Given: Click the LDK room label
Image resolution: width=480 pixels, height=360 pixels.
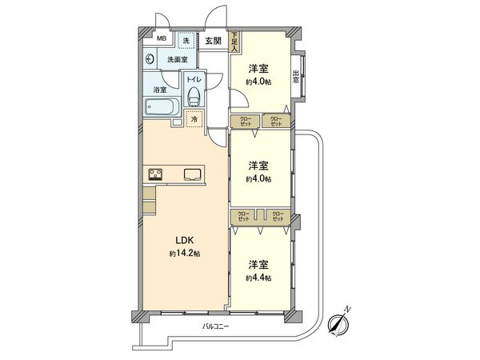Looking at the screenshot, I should tap(184, 240).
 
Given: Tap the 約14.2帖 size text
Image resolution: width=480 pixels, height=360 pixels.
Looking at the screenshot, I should tap(184, 254).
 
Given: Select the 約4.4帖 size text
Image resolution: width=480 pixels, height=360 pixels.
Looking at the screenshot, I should tap(258, 278).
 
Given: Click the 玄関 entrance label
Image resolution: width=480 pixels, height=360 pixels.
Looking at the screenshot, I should tap(213, 41).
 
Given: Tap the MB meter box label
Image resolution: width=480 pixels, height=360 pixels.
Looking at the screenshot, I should tap(161, 39).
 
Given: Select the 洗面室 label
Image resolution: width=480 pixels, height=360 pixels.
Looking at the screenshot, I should tap(177, 59).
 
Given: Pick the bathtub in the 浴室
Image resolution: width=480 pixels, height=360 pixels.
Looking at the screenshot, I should tap(163, 107).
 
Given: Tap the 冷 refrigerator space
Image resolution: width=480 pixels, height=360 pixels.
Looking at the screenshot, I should tap(194, 119).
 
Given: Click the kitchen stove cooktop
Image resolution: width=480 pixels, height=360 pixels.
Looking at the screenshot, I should tap(156, 175).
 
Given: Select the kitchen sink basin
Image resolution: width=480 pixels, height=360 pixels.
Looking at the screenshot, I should tap(193, 175).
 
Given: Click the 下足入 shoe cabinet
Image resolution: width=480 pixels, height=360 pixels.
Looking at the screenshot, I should tap(234, 42).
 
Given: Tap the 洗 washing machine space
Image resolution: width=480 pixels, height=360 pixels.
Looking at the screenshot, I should tap(186, 40).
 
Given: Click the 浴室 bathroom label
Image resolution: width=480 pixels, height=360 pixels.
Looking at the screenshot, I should tap(161, 90).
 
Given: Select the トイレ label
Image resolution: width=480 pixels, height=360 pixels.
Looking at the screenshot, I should tap(194, 79).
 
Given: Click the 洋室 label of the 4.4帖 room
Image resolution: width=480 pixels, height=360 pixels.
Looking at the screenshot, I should tap(258, 264).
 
